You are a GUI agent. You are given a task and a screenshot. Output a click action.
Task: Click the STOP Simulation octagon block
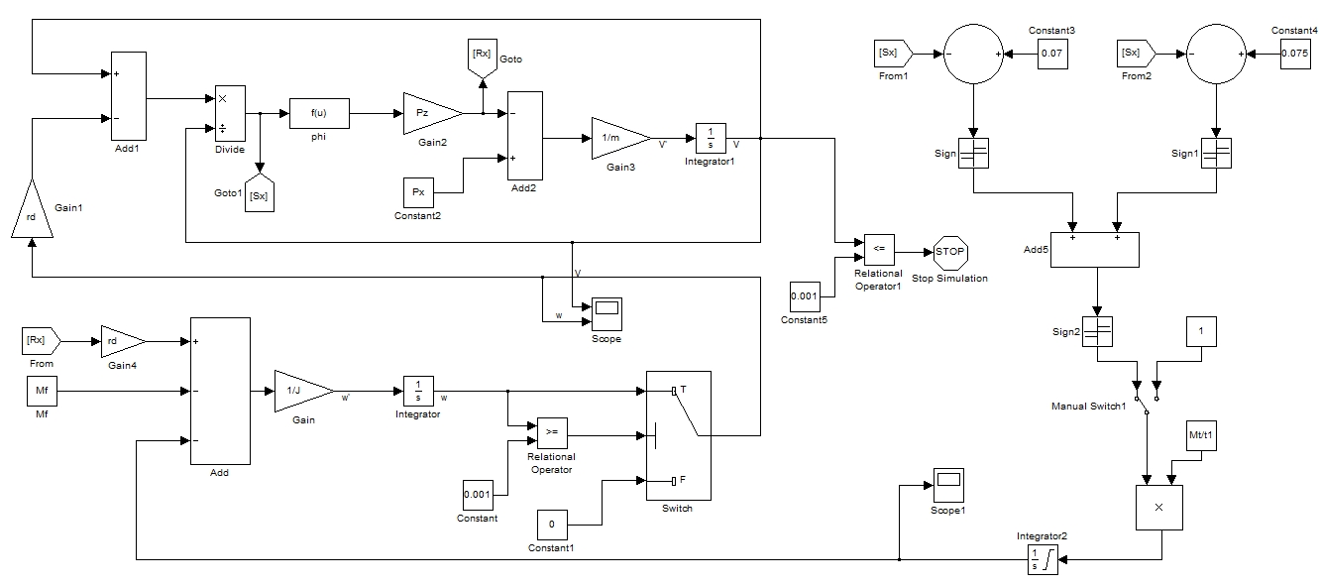(x=949, y=252)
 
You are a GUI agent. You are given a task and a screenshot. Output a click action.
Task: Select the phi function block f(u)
(x=318, y=113)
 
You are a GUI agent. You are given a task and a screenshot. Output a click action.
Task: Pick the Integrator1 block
(x=711, y=138)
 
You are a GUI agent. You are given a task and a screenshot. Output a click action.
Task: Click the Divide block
(x=229, y=113)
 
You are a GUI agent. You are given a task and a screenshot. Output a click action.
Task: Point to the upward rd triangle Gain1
(x=31, y=212)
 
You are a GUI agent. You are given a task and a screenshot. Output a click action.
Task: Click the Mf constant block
(x=42, y=392)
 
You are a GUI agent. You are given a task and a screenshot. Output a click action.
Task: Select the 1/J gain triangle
(x=301, y=391)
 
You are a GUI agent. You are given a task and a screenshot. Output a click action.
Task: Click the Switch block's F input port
(x=673, y=481)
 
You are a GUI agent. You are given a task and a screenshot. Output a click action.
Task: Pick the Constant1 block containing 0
(x=553, y=524)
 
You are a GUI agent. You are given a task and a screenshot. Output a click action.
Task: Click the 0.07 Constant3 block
(x=1052, y=53)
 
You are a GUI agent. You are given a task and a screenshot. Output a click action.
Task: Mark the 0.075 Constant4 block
(x=1295, y=53)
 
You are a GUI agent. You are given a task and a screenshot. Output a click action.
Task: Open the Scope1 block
(x=948, y=484)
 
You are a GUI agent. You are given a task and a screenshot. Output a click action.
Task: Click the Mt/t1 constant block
(x=1200, y=436)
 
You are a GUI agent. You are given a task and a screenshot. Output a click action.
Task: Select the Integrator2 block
(x=1042, y=559)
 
